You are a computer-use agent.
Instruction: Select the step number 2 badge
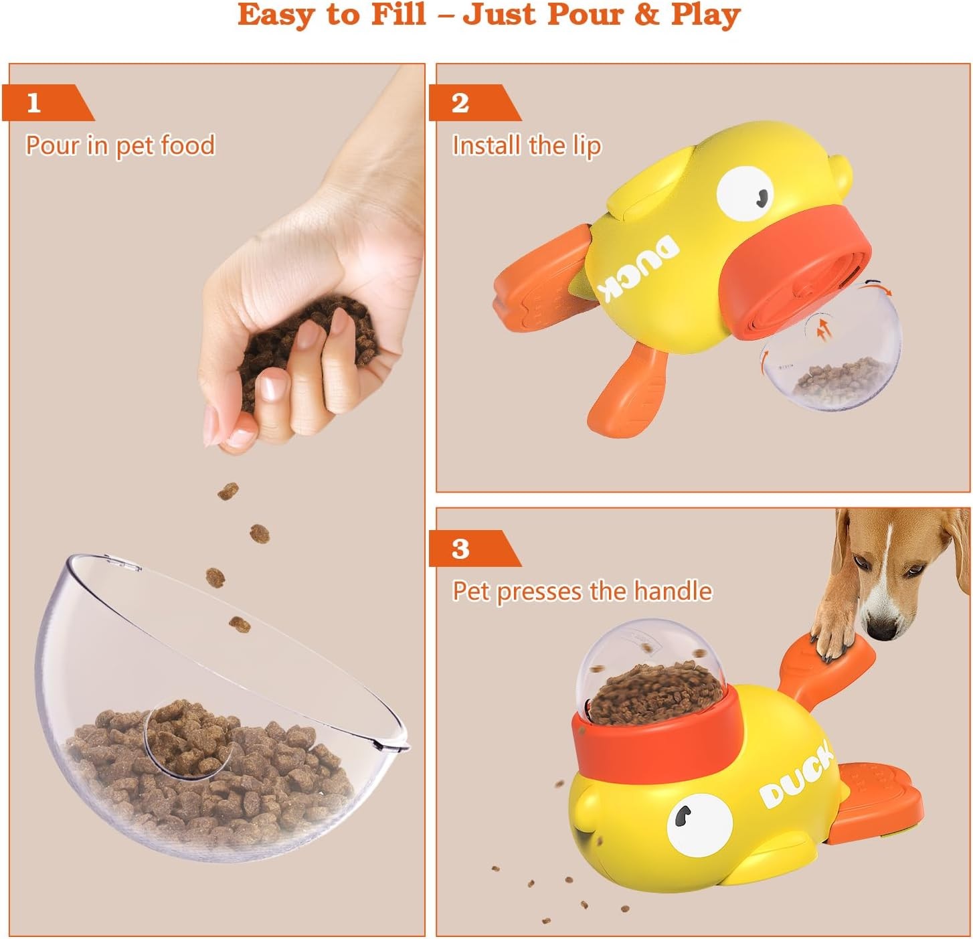click(x=460, y=103)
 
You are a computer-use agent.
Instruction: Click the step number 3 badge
click(x=460, y=549)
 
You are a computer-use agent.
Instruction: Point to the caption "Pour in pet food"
click(x=120, y=145)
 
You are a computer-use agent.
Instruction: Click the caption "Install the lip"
click(x=527, y=145)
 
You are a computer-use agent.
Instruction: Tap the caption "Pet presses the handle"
click(x=582, y=592)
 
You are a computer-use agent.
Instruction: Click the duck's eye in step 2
click(x=745, y=193)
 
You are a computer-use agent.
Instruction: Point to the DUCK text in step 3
click(x=796, y=776)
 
